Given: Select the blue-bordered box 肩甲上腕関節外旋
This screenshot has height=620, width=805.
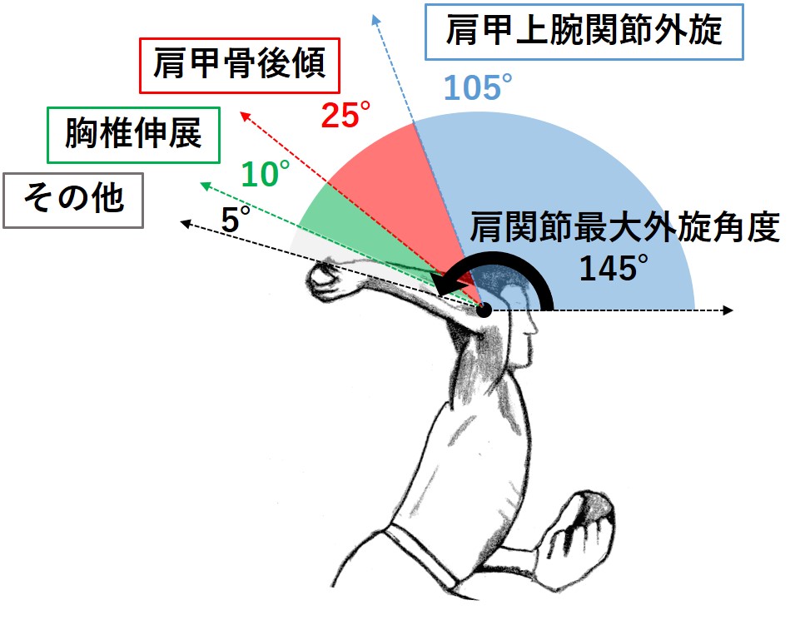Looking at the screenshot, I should pyautogui.click(x=584, y=32).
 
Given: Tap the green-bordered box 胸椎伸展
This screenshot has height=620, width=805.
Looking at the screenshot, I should pyautogui.click(x=133, y=134).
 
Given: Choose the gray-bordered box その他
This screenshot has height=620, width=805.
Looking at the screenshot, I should pyautogui.click(x=73, y=199).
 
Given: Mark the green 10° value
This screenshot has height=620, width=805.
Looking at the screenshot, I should pyautogui.click(x=266, y=174).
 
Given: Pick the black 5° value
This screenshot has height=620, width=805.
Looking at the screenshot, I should pyautogui.click(x=236, y=220).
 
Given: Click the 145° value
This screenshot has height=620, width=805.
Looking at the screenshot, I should pyautogui.click(x=614, y=267).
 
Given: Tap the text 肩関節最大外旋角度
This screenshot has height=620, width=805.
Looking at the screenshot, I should pyautogui.click(x=624, y=227).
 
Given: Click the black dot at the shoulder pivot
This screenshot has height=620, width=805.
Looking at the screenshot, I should pyautogui.click(x=485, y=310).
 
